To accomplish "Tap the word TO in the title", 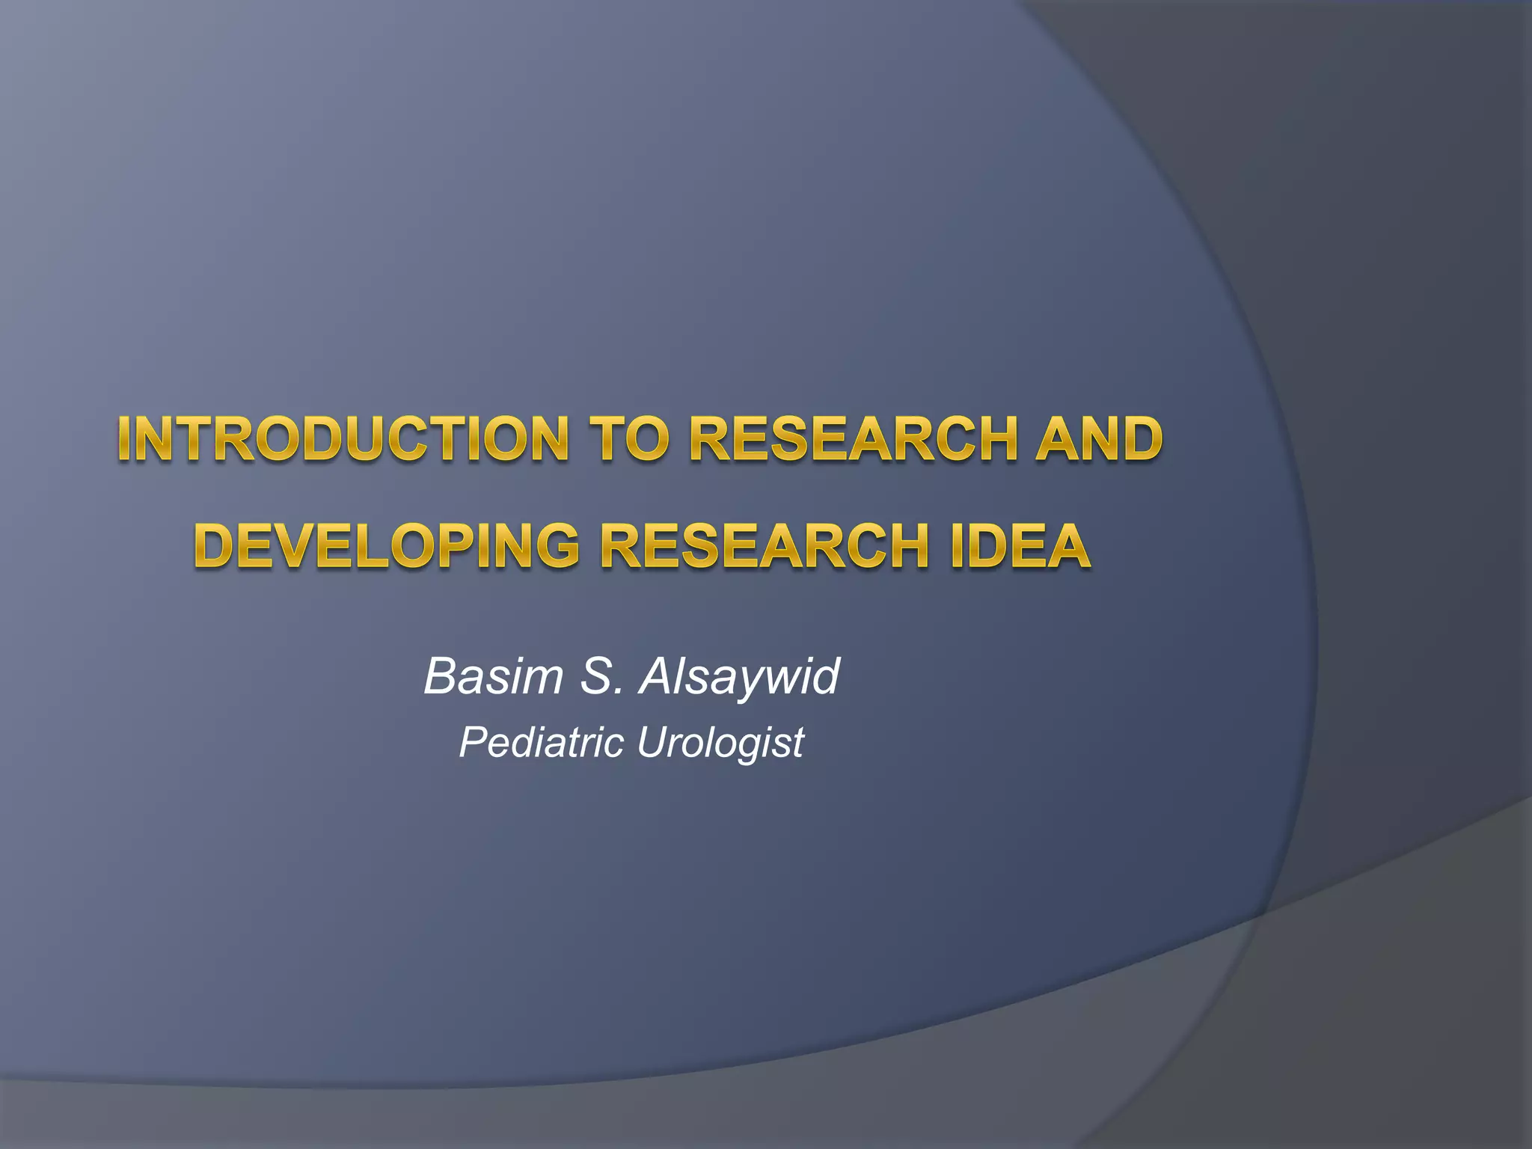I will click(x=626, y=439).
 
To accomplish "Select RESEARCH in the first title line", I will click(x=853, y=439).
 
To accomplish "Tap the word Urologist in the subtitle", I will click(x=720, y=744).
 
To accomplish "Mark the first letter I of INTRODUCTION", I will click(x=124, y=439).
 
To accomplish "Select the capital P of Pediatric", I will click(x=472, y=742).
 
